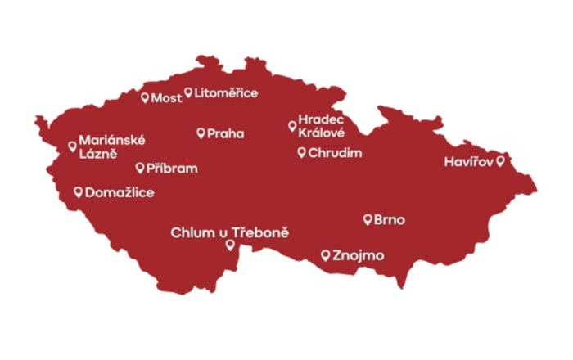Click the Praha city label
pyautogui.click(x=225, y=133)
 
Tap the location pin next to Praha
pyautogui.click(x=201, y=133)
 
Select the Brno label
pyautogui.click(x=390, y=220)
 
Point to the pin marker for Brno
pyautogui.click(x=368, y=218)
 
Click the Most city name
pyautogui.click(x=167, y=98)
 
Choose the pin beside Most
pyautogui.click(x=145, y=97)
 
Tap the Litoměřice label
pyautogui.click(x=226, y=93)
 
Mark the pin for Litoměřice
pyautogui.click(x=187, y=92)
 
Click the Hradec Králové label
pyautogui.click(x=321, y=126)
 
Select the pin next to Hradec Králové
pyautogui.click(x=292, y=125)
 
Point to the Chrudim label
pyautogui.click(x=335, y=153)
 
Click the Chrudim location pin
pyautogui.click(x=301, y=152)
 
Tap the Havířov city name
pyautogui.click(x=469, y=162)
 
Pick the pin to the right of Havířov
pyautogui.click(x=500, y=161)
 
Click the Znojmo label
pyautogui.click(x=359, y=256)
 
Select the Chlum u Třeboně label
pyautogui.click(x=230, y=233)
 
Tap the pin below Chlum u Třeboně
pyautogui.click(x=230, y=245)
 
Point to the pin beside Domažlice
pyautogui.click(x=78, y=191)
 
